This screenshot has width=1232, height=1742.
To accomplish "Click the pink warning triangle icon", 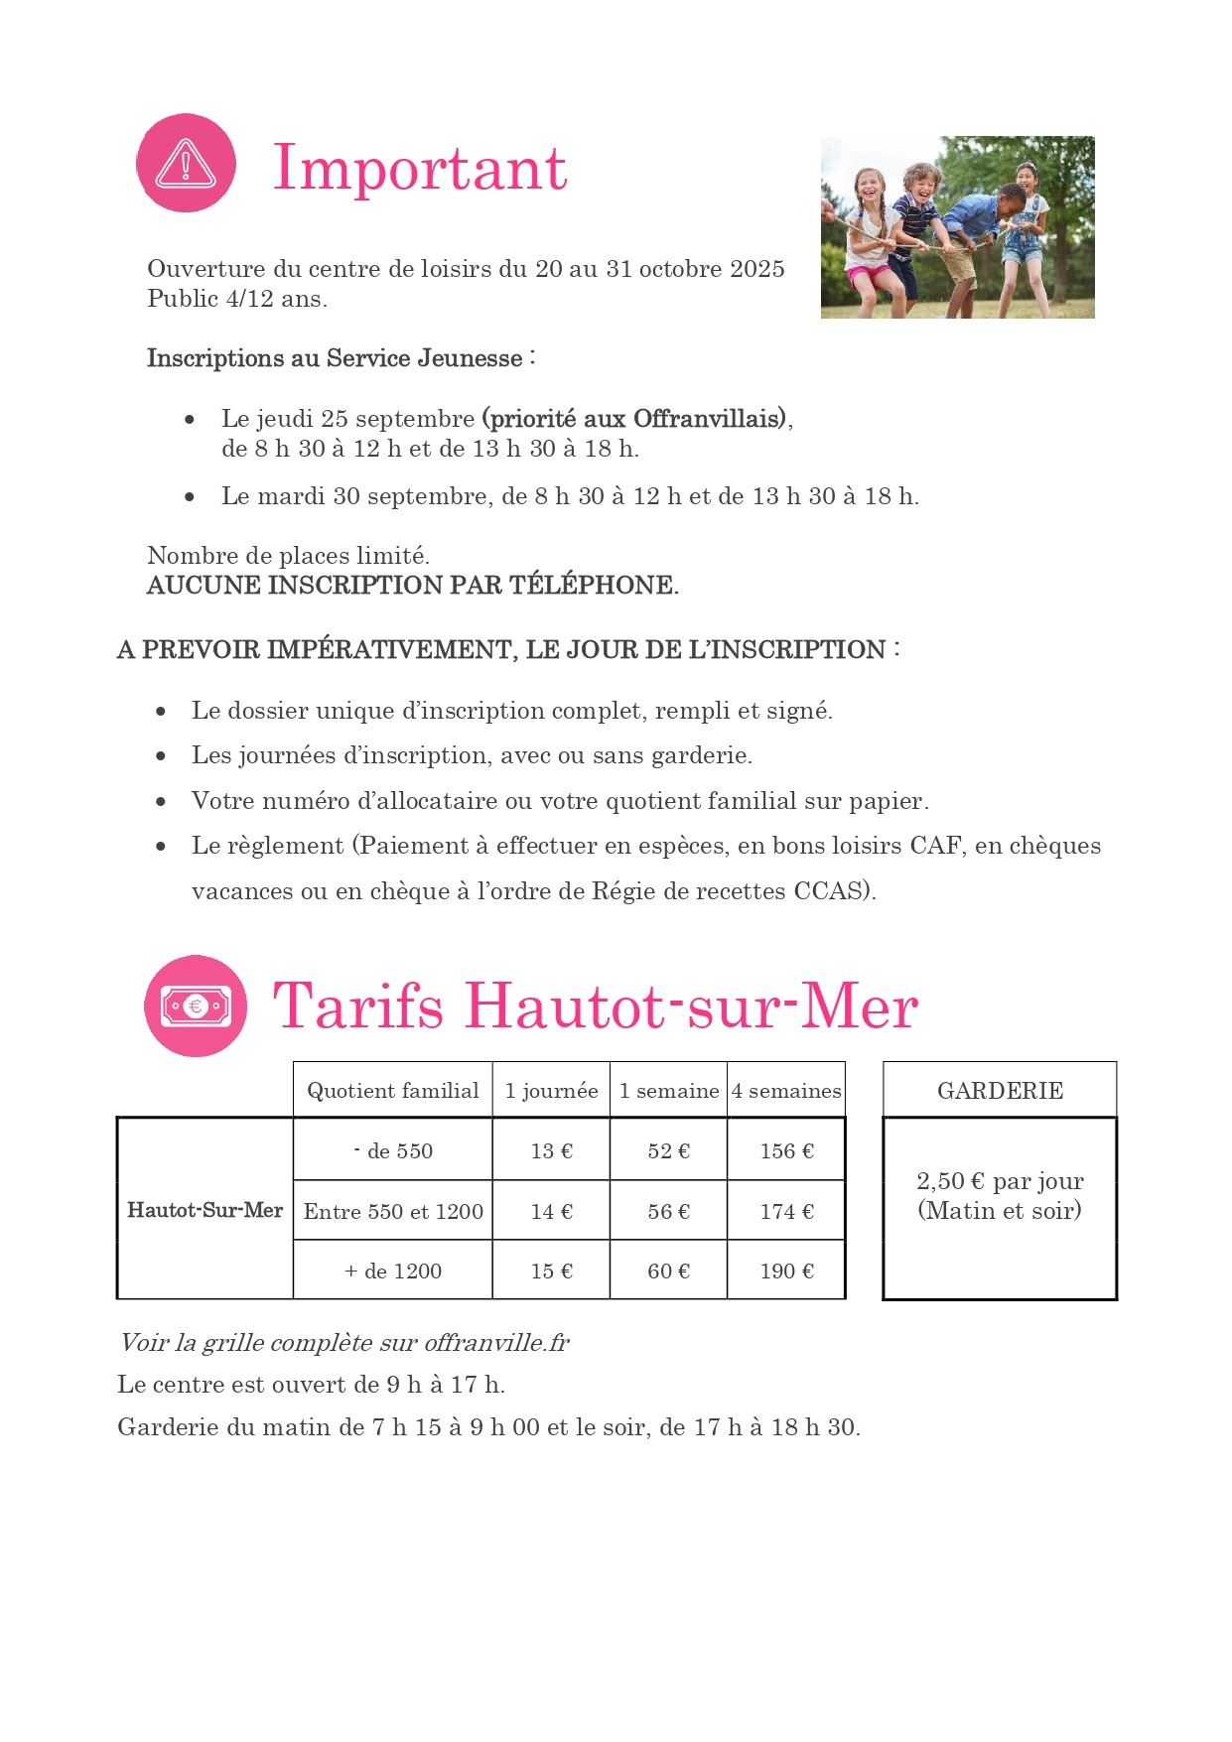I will pos(186,163).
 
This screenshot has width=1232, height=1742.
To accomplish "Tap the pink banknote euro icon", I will pos(196,1005).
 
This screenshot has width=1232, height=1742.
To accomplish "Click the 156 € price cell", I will pos(786,1150).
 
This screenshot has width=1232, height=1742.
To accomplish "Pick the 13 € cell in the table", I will pos(551,1150).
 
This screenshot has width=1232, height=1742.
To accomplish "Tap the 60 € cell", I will pos(668,1271).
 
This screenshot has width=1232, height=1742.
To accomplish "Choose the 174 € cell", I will pos(786,1211).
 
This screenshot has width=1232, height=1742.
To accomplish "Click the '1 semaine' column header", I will pos(668,1090).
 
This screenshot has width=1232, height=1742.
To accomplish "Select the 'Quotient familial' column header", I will pos(393,1090).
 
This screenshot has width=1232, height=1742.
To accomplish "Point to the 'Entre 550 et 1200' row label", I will pos(393,1211).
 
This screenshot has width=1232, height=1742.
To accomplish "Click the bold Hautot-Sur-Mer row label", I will pos(205,1210).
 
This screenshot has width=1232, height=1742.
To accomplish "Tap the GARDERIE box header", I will pos(1000,1090).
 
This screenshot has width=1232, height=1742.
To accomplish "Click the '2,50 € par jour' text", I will pos(1000,1180).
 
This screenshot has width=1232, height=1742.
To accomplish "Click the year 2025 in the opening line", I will pos(757,269).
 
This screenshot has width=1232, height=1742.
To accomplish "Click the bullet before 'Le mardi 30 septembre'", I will pos(190,496).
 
